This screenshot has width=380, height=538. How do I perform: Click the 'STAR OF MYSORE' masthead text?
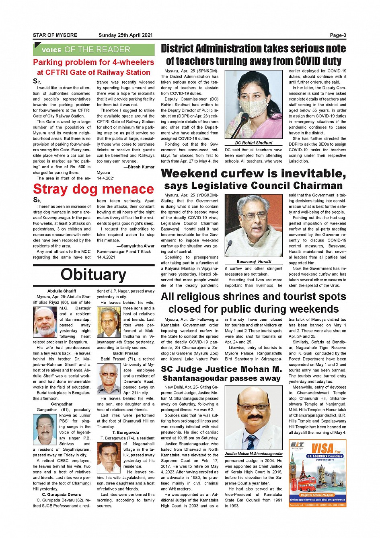pyautogui.click(x=55, y=35)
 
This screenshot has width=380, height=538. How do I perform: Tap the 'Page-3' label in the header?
pyautogui.click(x=338, y=35)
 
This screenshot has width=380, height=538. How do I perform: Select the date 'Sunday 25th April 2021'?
pyautogui.click(x=125, y=35)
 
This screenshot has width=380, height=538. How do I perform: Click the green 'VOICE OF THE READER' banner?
pyautogui.click(x=94, y=50)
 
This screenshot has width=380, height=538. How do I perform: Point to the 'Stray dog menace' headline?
pyautogui.click(x=93, y=189)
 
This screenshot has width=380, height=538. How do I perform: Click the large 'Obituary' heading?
pyautogui.click(x=93, y=274)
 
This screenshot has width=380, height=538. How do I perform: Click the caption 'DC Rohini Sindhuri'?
pyautogui.click(x=253, y=143)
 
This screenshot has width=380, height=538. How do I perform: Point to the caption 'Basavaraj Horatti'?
pyautogui.click(x=253, y=262)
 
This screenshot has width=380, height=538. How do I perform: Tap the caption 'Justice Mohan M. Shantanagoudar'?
pyautogui.click(x=253, y=454)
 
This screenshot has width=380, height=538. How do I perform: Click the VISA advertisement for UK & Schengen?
pyautogui.click(x=317, y=473)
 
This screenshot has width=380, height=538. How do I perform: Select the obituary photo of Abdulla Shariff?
pyautogui.click(x=45, y=322)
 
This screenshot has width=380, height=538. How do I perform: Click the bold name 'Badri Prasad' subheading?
pyautogui.click(x=125, y=353)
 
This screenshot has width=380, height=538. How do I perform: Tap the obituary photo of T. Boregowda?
pyautogui.click(x=109, y=457)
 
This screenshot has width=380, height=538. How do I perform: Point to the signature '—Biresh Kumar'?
pyautogui.click(x=139, y=167)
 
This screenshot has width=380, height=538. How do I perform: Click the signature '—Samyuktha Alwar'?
pyautogui.click(x=135, y=246)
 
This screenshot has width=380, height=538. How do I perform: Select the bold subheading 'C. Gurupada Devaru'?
pyautogui.click(x=62, y=495)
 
